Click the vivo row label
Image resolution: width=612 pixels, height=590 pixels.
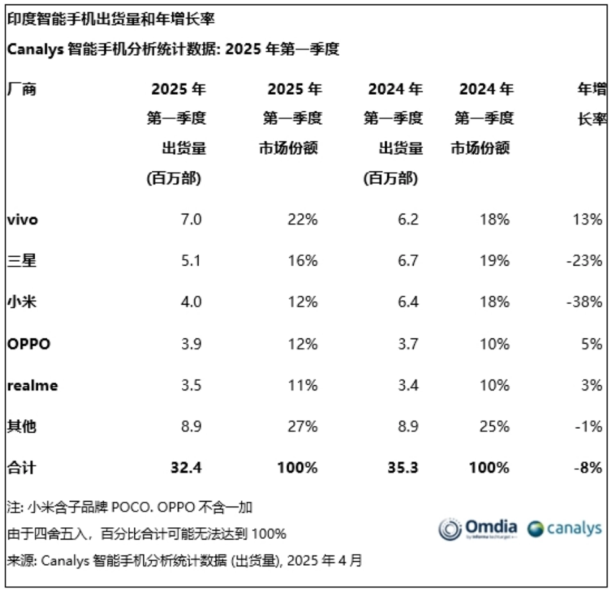pyautogui.click(x=22, y=219)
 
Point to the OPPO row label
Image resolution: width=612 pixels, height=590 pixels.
pyautogui.click(x=28, y=344)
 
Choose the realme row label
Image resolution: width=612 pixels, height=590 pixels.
pyautogui.click(x=32, y=385)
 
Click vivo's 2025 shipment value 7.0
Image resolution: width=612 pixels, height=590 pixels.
pyautogui.click(x=191, y=219)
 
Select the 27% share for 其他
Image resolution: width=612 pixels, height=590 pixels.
pyautogui.click(x=302, y=427)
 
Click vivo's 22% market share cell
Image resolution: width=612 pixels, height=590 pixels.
pyautogui.click(x=302, y=219)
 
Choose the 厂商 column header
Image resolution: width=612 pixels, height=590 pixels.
pyautogui.click(x=21, y=90)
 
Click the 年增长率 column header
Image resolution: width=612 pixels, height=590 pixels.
pyautogui.click(x=593, y=104)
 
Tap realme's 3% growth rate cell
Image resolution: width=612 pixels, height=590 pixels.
pyautogui.click(x=593, y=385)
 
